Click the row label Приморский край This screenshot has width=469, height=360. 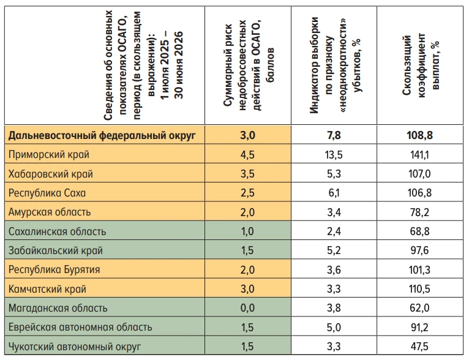49,154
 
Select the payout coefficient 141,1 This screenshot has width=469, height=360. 419,154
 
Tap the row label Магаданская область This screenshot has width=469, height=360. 58,308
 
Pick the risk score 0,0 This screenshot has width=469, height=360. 247,308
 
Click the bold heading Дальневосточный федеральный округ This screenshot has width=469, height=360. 102,135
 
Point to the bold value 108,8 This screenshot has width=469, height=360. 419,135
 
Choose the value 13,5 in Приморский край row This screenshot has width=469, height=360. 334,154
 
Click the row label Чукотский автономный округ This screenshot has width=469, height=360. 75,347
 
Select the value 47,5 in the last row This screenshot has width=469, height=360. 419,347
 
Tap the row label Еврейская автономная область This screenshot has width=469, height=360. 80,327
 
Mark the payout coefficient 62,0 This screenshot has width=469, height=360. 419,308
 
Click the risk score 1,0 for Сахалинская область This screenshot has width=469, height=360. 247,231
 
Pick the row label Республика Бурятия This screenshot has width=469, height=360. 54,270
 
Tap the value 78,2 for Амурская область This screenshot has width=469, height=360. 419,212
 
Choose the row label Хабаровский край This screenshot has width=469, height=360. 51,174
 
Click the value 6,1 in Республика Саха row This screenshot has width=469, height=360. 334,193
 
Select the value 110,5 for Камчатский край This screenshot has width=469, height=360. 419,289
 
